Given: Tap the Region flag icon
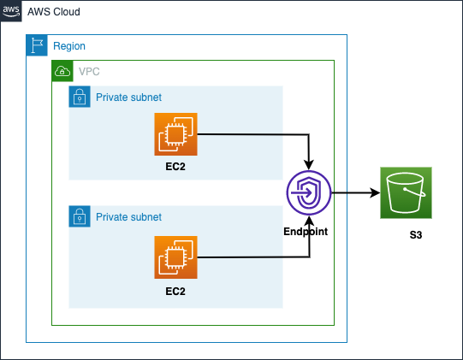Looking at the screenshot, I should click(37, 45).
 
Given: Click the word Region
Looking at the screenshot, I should click(69, 46).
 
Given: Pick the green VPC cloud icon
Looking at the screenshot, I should click(62, 71).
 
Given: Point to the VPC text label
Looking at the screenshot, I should click(88, 72).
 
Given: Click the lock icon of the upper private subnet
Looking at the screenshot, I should click(79, 97).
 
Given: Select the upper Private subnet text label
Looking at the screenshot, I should click(128, 97).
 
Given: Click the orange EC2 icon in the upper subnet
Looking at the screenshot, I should click(175, 134).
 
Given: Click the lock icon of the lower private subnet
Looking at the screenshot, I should click(79, 216).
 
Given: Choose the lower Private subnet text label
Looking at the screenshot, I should click(128, 217).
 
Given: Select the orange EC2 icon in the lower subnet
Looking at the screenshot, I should click(175, 257).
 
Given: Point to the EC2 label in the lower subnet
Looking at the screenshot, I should click(175, 291).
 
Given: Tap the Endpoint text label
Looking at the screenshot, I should click(306, 232).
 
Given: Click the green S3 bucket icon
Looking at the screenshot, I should click(407, 193).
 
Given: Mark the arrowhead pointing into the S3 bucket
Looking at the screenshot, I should click(375, 193).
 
